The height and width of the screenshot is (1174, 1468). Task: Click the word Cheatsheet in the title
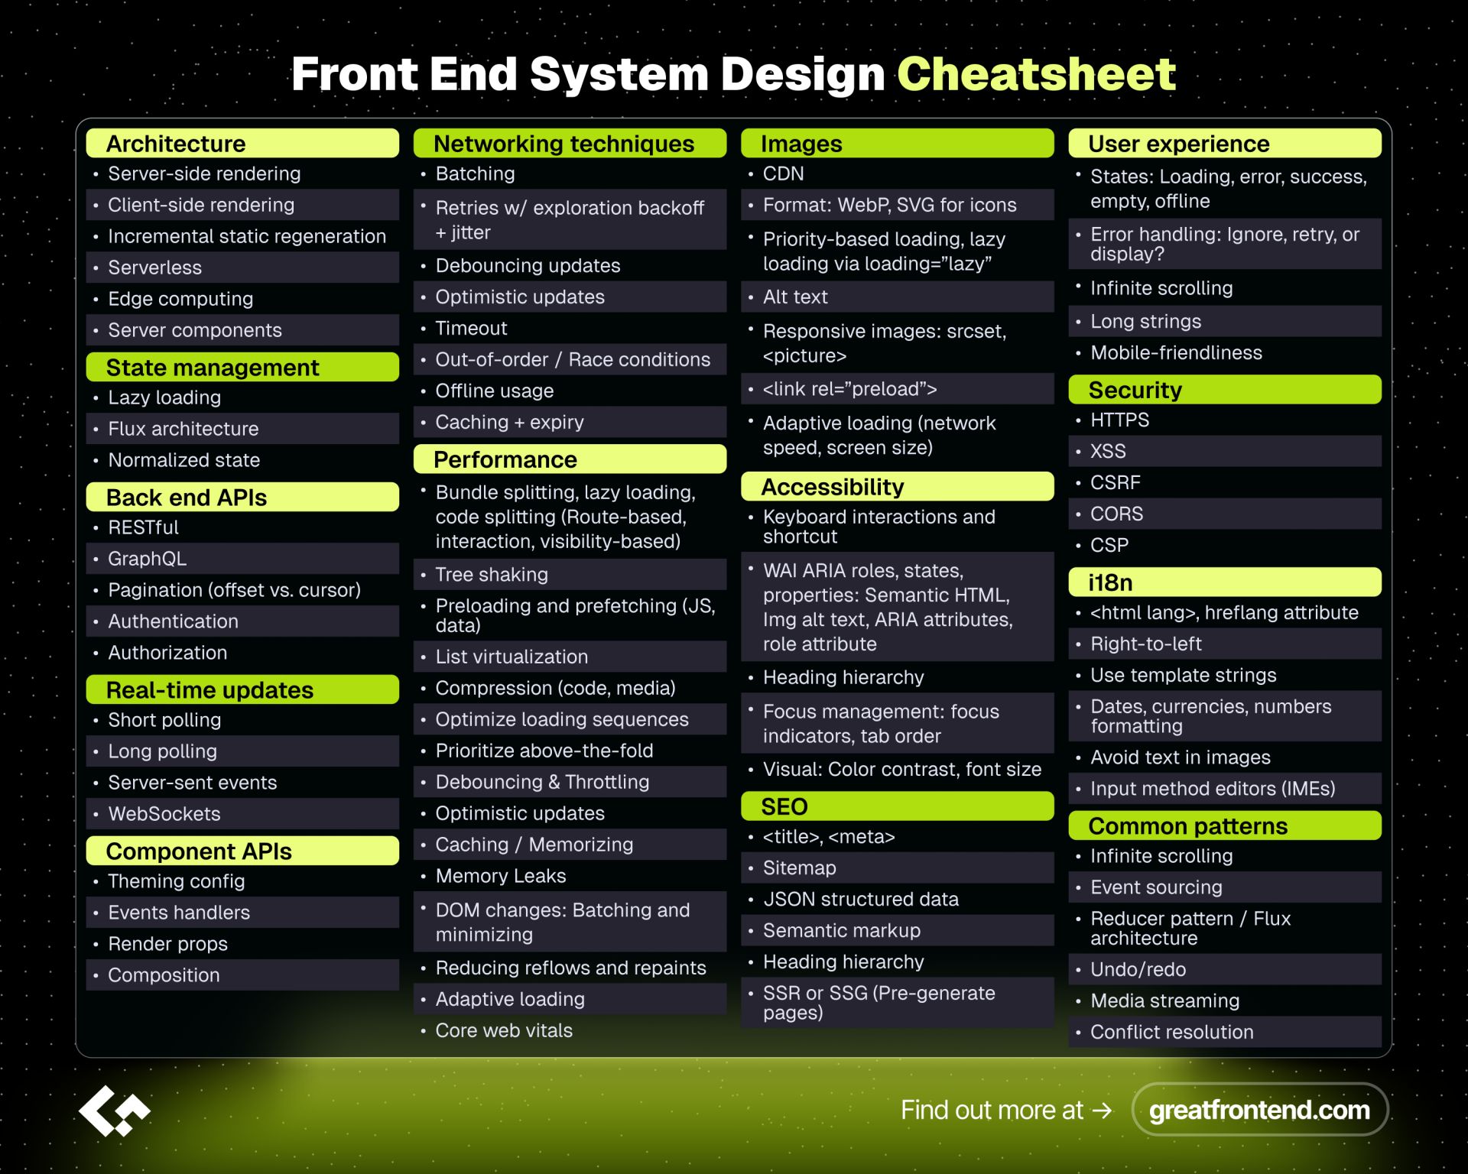tap(1036, 74)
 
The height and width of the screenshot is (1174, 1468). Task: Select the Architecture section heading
tap(176, 144)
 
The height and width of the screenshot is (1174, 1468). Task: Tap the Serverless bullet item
tap(155, 268)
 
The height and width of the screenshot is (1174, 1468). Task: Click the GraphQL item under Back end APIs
tap(147, 559)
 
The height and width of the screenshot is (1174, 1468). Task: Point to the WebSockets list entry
tap(164, 814)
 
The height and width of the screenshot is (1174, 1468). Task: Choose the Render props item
tap(168, 944)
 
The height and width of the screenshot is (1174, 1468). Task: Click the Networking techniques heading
tap(564, 144)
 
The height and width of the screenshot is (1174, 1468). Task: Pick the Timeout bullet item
tap(471, 328)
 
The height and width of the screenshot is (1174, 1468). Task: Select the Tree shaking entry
tap(492, 574)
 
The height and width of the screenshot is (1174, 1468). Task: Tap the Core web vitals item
tap(504, 1030)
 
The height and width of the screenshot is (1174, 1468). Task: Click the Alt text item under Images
tap(795, 297)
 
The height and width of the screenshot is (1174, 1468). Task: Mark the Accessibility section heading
tap(833, 487)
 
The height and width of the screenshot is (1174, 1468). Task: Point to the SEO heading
tap(784, 806)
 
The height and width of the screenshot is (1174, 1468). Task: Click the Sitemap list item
tap(799, 868)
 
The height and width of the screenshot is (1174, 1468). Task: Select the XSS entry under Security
tap(1108, 451)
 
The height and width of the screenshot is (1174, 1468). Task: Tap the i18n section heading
tap(1110, 582)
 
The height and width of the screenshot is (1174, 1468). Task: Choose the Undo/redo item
tap(1138, 969)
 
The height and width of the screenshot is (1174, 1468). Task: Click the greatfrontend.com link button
tap(1259, 1110)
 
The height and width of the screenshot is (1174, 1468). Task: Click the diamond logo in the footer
tap(115, 1111)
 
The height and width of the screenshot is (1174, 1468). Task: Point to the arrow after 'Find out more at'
tap(1102, 1111)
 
